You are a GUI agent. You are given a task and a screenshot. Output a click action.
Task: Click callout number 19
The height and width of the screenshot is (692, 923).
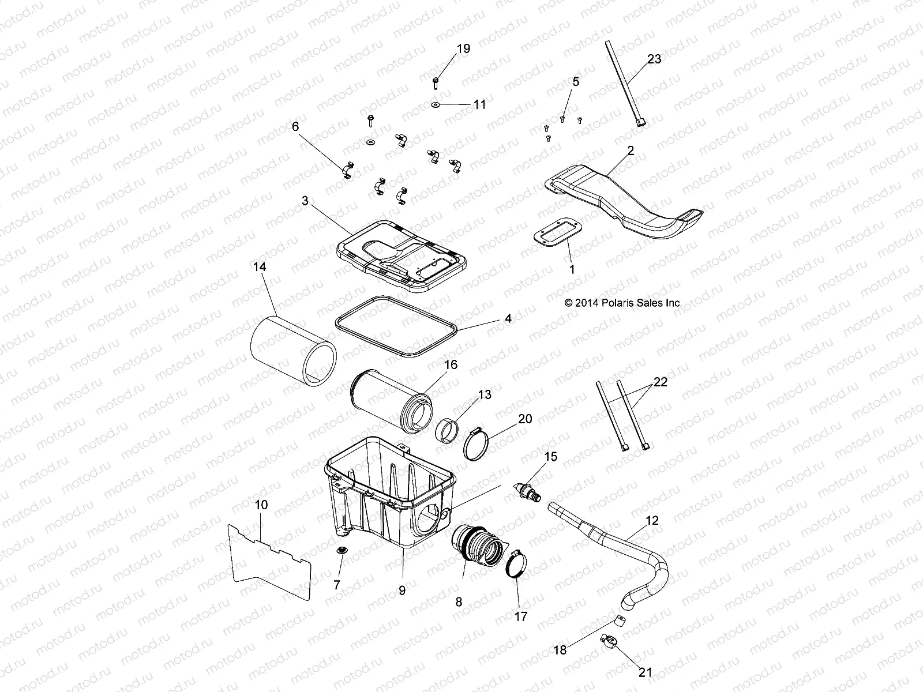coord(463,49)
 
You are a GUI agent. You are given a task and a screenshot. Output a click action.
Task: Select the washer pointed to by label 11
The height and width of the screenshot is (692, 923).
coord(435,105)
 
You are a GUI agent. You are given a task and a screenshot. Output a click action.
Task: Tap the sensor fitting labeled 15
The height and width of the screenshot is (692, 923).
coord(527,491)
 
